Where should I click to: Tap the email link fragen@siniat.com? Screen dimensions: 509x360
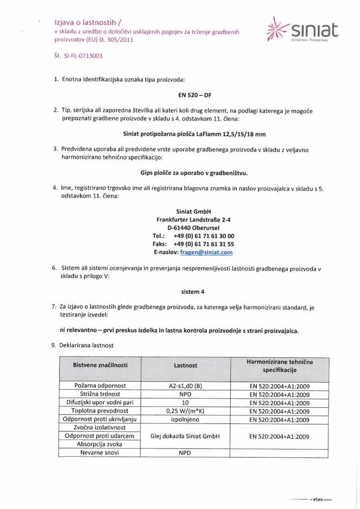(x=207, y=252)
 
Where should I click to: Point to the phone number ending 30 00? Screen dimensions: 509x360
(x=204, y=236)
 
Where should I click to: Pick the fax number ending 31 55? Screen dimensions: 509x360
(x=204, y=244)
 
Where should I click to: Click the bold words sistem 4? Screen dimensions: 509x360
(x=193, y=292)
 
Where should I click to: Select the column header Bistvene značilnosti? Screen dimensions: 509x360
(x=100, y=365)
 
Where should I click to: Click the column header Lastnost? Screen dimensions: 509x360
(x=185, y=365)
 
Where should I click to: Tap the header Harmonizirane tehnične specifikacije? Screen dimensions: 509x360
(x=280, y=365)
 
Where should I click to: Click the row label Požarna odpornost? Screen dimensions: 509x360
(x=100, y=386)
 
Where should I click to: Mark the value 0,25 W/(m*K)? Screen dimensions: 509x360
(x=185, y=411)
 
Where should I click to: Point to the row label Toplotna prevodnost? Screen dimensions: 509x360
(x=100, y=411)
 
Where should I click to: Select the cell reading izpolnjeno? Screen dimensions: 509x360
(x=185, y=420)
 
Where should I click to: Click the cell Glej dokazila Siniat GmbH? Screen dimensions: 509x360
(x=185, y=436)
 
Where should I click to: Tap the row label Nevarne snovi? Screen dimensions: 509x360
(x=100, y=453)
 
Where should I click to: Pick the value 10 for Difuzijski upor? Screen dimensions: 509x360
(x=185, y=403)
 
